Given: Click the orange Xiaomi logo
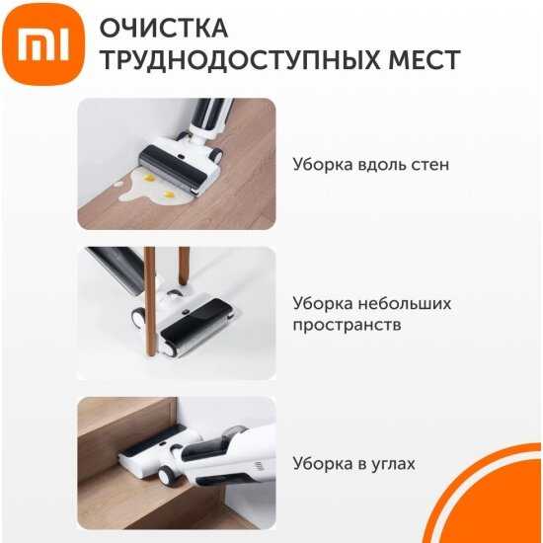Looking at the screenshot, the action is (43, 44).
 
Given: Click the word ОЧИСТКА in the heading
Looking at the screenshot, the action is (164, 28).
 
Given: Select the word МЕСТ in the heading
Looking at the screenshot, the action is (425, 60).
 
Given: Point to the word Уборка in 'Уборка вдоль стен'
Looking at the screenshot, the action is (323, 164).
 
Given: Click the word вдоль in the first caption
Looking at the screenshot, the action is (382, 165).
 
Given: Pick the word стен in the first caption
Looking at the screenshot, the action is (430, 166).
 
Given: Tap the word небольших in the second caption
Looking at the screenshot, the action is (405, 303).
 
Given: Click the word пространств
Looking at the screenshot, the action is (347, 325).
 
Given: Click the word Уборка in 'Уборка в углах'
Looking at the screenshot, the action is (323, 463).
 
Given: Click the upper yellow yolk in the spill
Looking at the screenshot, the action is (148, 179).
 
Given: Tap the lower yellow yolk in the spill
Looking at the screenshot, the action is (169, 194).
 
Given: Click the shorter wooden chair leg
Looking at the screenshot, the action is (184, 266).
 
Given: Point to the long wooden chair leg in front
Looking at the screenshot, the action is (150, 301).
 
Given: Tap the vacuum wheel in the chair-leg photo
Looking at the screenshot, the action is (138, 317).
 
